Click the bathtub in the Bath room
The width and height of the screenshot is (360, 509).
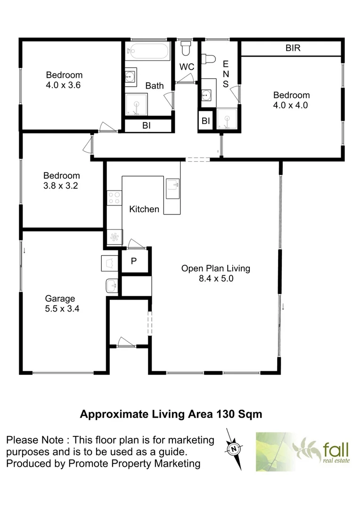pos(147,51)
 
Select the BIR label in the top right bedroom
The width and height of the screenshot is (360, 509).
pos(293,48)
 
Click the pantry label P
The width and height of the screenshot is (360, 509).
pos(134,261)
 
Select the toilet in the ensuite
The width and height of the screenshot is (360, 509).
pos(207,58)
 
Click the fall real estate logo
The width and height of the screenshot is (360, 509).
pos(304,451)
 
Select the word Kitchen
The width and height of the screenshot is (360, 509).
pos(144,209)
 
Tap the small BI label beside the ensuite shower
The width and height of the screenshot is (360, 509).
pos(205,121)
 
